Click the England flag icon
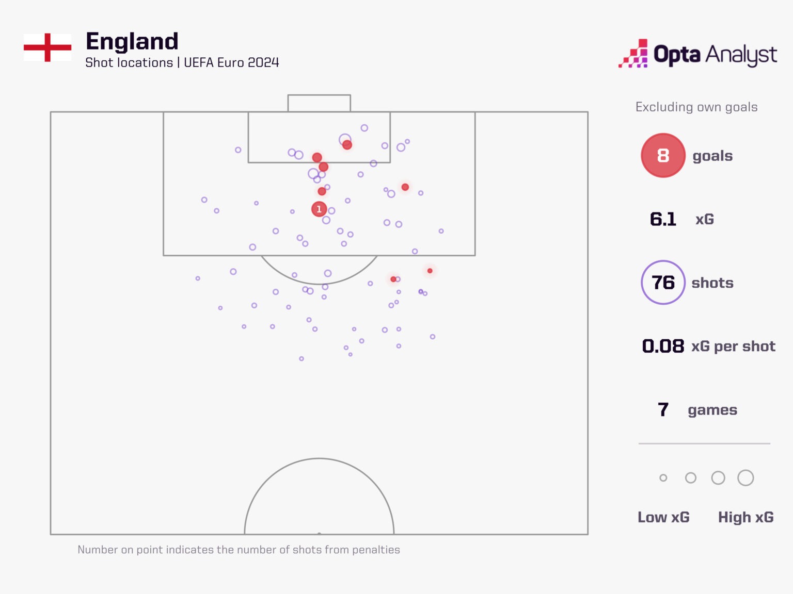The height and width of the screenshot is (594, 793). (47, 47)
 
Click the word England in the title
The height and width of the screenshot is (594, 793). (132, 41)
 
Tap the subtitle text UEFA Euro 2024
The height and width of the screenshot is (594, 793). (231, 63)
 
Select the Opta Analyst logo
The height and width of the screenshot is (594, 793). (698, 54)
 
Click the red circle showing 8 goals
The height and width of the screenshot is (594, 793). (663, 156)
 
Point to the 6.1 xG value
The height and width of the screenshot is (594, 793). (663, 219)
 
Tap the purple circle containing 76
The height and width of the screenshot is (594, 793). (663, 283)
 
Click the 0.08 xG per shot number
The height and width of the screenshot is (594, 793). (663, 346)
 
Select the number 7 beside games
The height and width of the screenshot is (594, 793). (663, 410)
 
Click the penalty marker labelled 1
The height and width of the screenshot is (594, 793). (319, 209)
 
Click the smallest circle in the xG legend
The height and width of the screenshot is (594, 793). (663, 478)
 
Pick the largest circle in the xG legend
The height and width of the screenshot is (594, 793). (746, 478)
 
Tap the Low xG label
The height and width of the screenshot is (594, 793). (663, 517)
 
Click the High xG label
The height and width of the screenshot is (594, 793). (746, 517)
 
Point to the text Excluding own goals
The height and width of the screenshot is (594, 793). (696, 107)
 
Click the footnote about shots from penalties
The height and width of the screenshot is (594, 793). (239, 550)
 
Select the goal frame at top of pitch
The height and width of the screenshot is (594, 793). (319, 103)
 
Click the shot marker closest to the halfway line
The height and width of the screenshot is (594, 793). (302, 358)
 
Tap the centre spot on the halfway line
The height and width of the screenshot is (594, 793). (319, 534)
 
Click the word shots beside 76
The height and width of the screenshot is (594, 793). (712, 283)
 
